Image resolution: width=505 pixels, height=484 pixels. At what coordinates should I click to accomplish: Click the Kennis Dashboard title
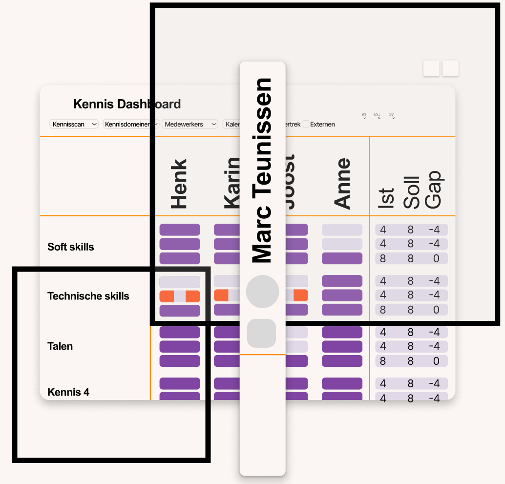point(126,104)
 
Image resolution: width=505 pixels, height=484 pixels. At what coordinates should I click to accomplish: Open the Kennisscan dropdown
point(74,124)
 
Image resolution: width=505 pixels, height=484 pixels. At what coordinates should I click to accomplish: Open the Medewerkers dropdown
point(189,124)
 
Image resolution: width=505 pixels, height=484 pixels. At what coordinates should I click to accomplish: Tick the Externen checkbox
point(306,124)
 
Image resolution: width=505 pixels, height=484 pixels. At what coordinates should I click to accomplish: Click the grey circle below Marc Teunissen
point(262,292)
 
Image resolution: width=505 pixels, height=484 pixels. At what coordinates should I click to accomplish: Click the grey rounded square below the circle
point(262,333)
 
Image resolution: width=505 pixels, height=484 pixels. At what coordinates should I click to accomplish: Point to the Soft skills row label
point(71,247)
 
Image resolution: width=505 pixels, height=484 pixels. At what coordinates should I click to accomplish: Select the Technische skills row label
point(88,296)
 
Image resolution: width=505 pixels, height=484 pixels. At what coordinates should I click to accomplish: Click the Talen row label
point(60,346)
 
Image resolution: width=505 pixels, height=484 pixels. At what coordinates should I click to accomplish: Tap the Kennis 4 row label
point(68,392)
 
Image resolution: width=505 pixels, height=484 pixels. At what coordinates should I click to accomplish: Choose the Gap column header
point(433,189)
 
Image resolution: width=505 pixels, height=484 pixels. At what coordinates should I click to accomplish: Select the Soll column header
point(411,192)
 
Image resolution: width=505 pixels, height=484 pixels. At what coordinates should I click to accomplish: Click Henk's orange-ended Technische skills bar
point(180,296)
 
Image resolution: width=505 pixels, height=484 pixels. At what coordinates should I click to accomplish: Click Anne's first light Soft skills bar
point(342,230)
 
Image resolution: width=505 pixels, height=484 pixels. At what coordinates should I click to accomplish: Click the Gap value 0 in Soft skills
point(436,258)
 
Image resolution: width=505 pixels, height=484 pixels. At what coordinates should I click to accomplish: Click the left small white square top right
point(431,68)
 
